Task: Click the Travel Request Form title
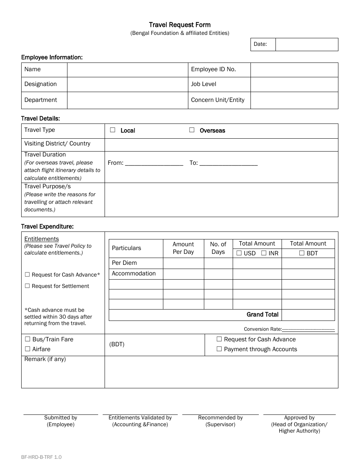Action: pos(180,25)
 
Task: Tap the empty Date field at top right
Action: pos(307,44)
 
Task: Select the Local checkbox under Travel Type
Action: pos(113,130)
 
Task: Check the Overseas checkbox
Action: pos(192,130)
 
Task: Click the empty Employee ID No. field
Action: pos(294,70)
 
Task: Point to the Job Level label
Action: pos(203,84)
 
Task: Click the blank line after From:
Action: pos(154,163)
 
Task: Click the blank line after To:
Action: pos(229,163)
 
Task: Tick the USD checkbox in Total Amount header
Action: pos(239,253)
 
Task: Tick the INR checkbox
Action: pos(264,253)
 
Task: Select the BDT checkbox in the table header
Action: pos(302,253)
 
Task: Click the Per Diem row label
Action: pos(124,263)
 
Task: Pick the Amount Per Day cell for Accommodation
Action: pos(183,274)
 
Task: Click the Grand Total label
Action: pos(262,314)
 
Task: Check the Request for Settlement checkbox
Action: pos(27,286)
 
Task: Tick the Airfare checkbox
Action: pos(27,349)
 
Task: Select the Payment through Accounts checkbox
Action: pos(219,349)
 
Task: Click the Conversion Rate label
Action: pos(262,329)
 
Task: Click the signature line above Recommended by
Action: pos(220,414)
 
